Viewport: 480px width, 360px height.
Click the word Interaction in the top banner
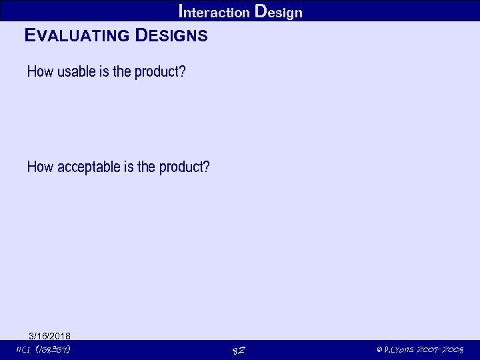point(215,11)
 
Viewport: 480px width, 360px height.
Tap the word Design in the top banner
point(279,11)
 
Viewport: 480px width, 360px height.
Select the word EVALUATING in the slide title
point(76,35)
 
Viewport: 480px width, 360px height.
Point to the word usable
point(77,71)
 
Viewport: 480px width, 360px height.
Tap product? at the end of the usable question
point(160,71)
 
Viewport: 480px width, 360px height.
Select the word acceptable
point(89,166)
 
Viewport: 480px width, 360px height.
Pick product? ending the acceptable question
point(185,166)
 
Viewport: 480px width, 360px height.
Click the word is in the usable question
point(104,71)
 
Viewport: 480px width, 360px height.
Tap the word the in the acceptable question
point(146,166)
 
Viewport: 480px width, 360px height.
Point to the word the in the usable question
point(122,71)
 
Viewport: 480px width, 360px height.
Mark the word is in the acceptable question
point(129,166)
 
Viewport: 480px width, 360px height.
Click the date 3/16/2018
point(50,335)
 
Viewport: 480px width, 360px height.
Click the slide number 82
point(239,351)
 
